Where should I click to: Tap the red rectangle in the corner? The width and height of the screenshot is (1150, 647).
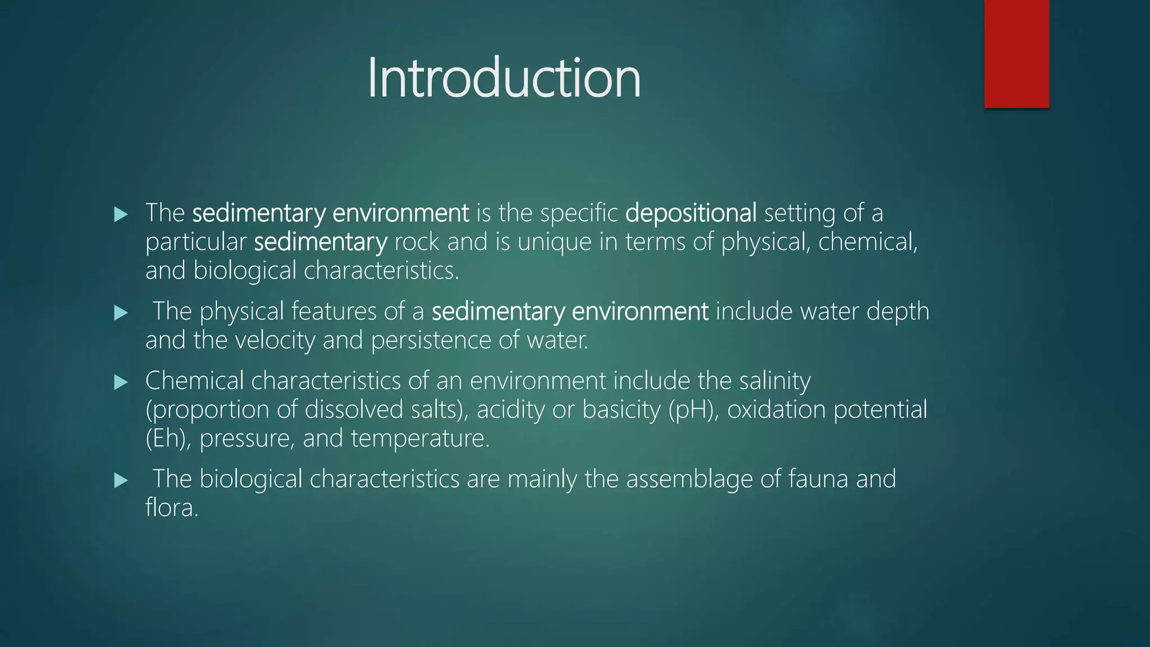coord(1016,54)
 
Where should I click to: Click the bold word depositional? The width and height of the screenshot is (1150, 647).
coord(691,213)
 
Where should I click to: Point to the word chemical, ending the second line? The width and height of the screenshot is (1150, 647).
coord(868,242)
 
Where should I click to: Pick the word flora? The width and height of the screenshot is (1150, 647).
coord(172,508)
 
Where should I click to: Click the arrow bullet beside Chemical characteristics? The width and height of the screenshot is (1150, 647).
coord(121,382)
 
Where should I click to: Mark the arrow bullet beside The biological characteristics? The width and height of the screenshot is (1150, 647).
coord(121,481)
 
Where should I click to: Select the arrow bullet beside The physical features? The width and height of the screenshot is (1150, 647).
coord(121,313)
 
